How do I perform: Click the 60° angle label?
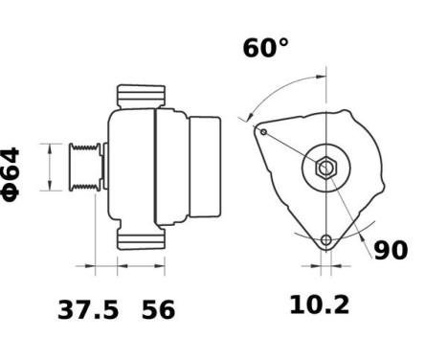point(265,48)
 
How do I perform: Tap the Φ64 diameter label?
point(12,172)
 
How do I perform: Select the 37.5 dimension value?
point(89,309)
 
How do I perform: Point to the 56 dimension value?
point(159,309)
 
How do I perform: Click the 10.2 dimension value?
point(320,305)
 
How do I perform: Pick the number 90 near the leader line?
point(390,251)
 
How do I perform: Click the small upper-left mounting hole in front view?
point(262,131)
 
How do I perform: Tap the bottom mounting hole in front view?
point(326,239)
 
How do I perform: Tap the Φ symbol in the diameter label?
point(12,191)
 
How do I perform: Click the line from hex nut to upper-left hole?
point(292,149)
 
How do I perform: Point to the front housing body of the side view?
point(131,167)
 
